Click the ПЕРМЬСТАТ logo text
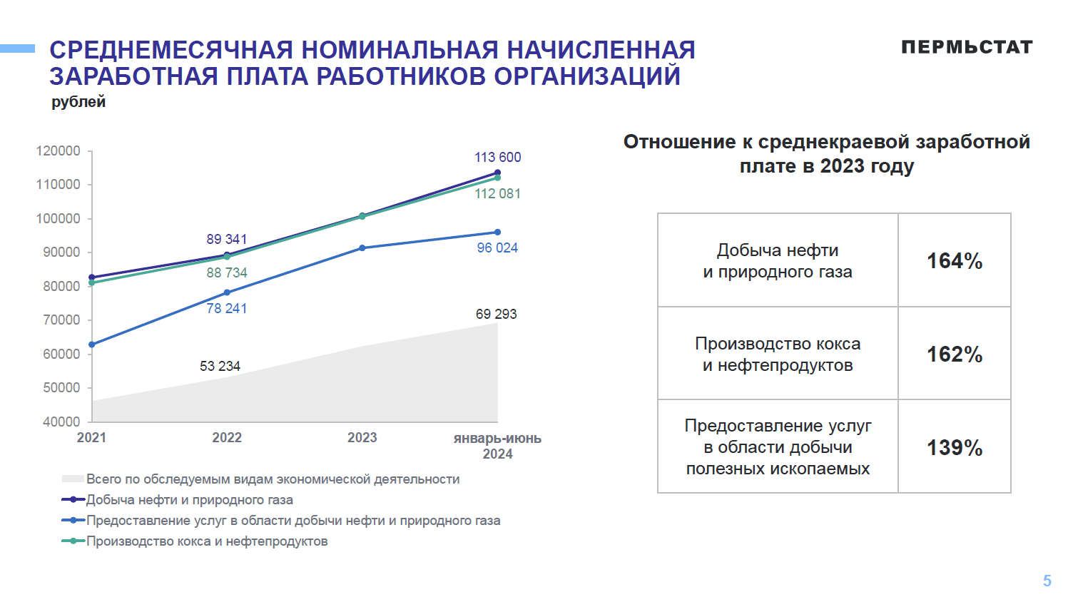click(967, 47)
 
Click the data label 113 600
click(497, 157)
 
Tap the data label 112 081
click(497, 193)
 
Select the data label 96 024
click(497, 248)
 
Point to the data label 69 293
click(496, 314)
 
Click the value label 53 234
click(220, 366)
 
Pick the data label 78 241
click(226, 308)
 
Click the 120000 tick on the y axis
click(59, 150)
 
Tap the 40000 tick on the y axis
click(61, 422)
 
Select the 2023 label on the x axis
click(362, 437)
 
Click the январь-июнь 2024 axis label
click(497, 446)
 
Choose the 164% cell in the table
click(954, 261)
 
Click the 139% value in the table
click(954, 448)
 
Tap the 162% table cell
click(954, 354)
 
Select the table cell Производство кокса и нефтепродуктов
click(778, 354)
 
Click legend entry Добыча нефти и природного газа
click(189, 500)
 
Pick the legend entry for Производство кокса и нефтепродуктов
click(206, 541)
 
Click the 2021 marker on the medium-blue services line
click(92, 345)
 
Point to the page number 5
click(1047, 581)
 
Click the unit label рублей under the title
click(78, 102)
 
